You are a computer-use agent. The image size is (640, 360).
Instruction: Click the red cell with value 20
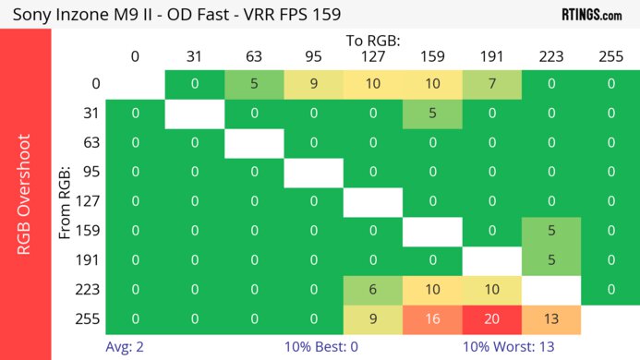tap(491, 318)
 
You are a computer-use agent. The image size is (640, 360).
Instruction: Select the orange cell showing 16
tap(432, 318)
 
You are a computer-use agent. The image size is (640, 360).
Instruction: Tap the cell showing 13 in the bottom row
tap(550, 318)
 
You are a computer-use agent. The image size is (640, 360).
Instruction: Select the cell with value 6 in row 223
tap(372, 289)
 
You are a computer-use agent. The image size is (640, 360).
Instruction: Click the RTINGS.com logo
tap(591, 14)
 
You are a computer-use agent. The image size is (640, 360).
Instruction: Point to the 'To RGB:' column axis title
tap(373, 41)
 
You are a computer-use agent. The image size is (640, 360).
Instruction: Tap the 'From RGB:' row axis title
tap(66, 201)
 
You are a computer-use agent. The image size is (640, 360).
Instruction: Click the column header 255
tap(610, 56)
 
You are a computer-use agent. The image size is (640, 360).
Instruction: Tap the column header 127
tap(372, 56)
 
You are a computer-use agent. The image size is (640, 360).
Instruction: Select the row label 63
tap(90, 143)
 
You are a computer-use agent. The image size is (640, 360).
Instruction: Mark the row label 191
tap(90, 259)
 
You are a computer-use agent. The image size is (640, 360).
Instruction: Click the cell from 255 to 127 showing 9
tap(372, 318)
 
